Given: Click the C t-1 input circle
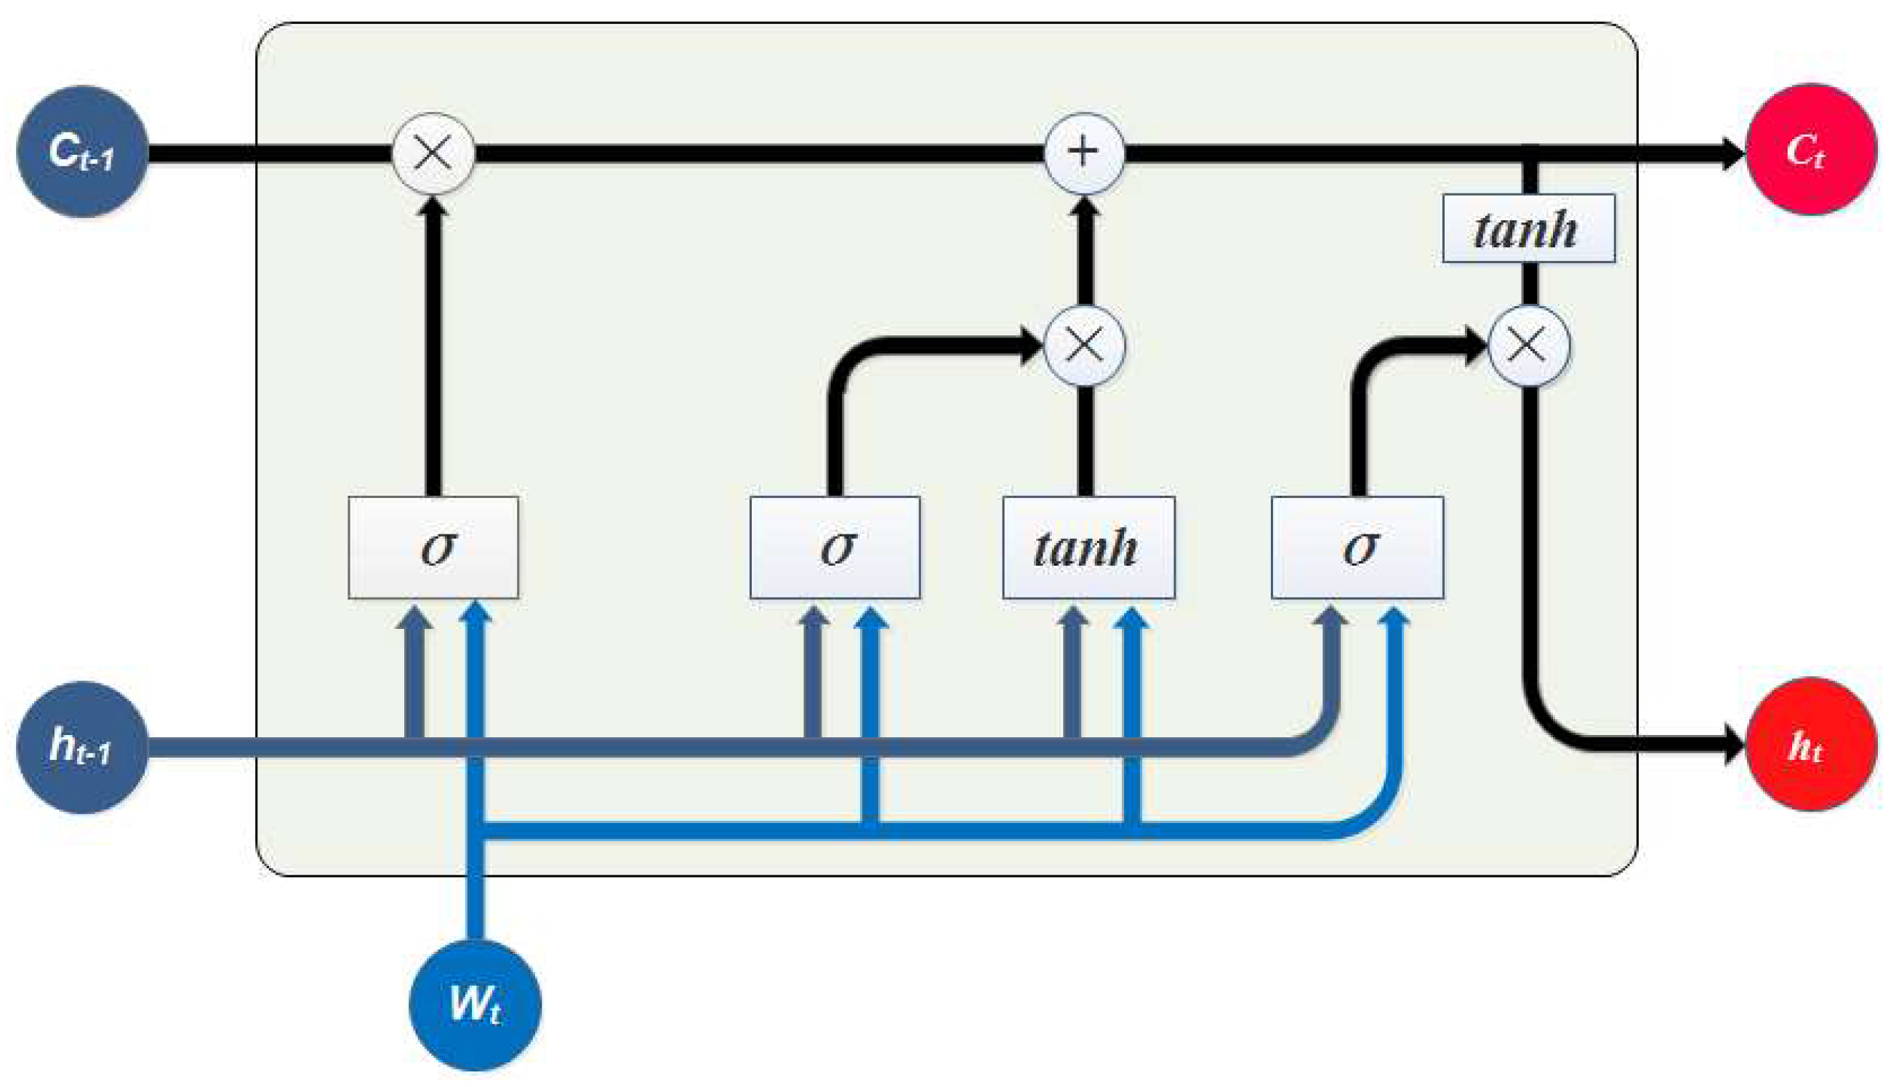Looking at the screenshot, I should tap(82, 151).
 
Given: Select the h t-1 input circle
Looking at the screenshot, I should tap(82, 747).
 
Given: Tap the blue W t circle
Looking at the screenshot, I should tap(475, 1004).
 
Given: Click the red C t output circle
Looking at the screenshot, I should tap(1811, 150).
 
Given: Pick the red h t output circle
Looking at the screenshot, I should tap(1811, 745).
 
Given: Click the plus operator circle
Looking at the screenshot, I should tap(1084, 153).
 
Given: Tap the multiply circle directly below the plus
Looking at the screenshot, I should tap(1084, 345).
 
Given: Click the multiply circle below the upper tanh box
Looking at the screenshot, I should tap(1529, 345).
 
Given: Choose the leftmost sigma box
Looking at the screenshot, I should tap(433, 547).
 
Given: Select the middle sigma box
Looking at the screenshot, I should tap(835, 547).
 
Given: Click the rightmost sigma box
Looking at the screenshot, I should tap(1357, 547).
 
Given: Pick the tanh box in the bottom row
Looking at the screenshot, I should tap(1088, 547).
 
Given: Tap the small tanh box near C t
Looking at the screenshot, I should tap(1529, 228).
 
